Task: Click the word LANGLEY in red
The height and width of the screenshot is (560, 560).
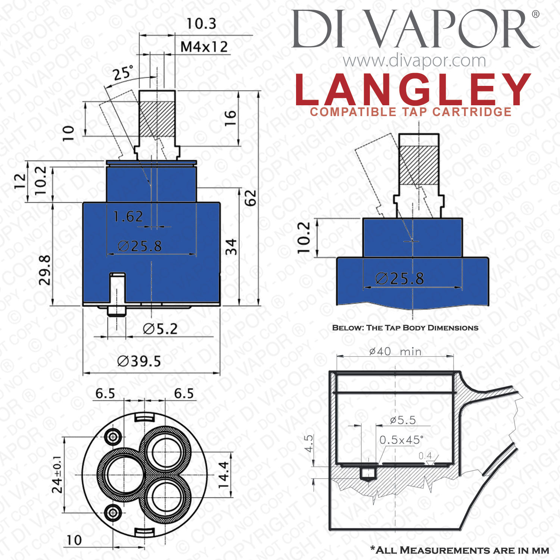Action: pyautogui.click(x=413, y=90)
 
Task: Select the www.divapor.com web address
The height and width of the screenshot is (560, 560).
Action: pyautogui.click(x=414, y=60)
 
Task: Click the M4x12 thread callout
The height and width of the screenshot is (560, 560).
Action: pyautogui.click(x=204, y=47)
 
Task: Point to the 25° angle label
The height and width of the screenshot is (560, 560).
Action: pyautogui.click(x=123, y=73)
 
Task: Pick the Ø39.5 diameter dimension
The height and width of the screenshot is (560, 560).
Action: pyautogui.click(x=139, y=361)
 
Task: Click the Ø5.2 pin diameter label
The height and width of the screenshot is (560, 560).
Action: pyautogui.click(x=160, y=329)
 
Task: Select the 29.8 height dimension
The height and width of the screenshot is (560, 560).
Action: pyautogui.click(x=45, y=270)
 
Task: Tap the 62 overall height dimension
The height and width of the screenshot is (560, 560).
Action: pyautogui.click(x=251, y=197)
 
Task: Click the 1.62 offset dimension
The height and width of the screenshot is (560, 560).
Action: pyautogui.click(x=128, y=217)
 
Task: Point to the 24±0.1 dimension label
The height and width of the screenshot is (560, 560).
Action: pyautogui.click(x=57, y=474)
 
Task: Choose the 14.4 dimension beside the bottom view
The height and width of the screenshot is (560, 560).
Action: pyautogui.click(x=224, y=475)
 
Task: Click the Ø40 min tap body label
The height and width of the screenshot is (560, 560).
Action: pyautogui.click(x=395, y=351)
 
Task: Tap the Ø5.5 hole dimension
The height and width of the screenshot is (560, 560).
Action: pyautogui.click(x=403, y=420)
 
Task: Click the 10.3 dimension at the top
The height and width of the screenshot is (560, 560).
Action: pyautogui.click(x=201, y=24)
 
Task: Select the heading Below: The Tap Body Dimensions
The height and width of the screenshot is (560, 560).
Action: pyautogui.click(x=405, y=328)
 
